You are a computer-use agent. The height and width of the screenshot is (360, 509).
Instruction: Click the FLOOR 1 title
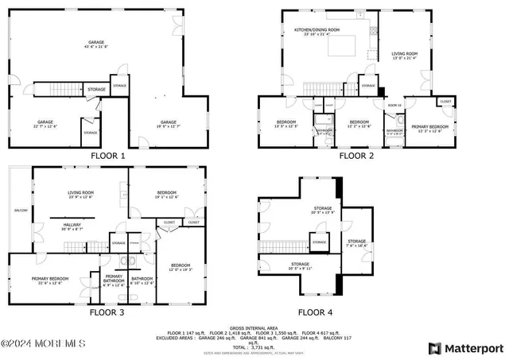coord(108,157)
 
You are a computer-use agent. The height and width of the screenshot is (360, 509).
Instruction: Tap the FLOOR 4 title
coord(316,312)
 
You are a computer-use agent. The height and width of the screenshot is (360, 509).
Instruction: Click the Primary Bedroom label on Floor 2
coord(430,127)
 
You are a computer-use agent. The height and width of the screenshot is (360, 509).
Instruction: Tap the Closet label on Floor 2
coord(445,102)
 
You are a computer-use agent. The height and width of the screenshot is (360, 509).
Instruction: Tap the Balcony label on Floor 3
coord(21,211)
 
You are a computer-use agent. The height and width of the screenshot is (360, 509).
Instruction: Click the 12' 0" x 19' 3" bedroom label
coord(181,268)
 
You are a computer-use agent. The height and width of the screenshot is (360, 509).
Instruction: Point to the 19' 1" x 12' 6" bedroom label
coord(166,194)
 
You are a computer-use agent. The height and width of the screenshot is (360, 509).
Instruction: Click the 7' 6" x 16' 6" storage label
coord(357,243)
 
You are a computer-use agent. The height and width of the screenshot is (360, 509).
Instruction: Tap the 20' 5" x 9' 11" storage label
coord(300,265)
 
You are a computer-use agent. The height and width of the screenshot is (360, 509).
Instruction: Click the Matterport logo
coord(466,348)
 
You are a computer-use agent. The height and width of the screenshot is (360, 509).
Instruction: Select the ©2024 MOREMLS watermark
coord(43,343)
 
